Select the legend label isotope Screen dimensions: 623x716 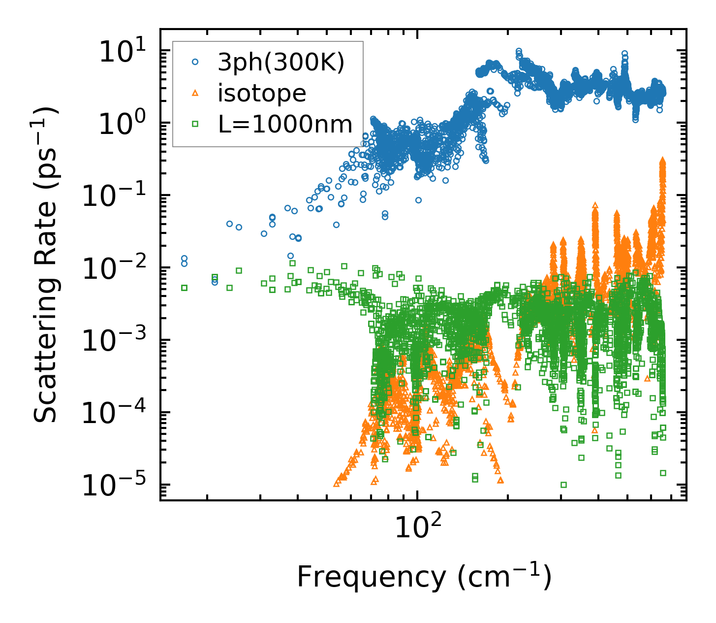coord(262,93)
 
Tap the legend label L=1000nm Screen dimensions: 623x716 coord(285,124)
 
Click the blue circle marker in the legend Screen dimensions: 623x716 coord(195,63)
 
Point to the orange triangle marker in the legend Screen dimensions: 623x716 coord(195,93)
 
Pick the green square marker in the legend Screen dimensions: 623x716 coord(195,124)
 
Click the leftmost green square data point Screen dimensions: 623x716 coord(184,288)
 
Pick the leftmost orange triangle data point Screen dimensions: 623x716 coord(337,483)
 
